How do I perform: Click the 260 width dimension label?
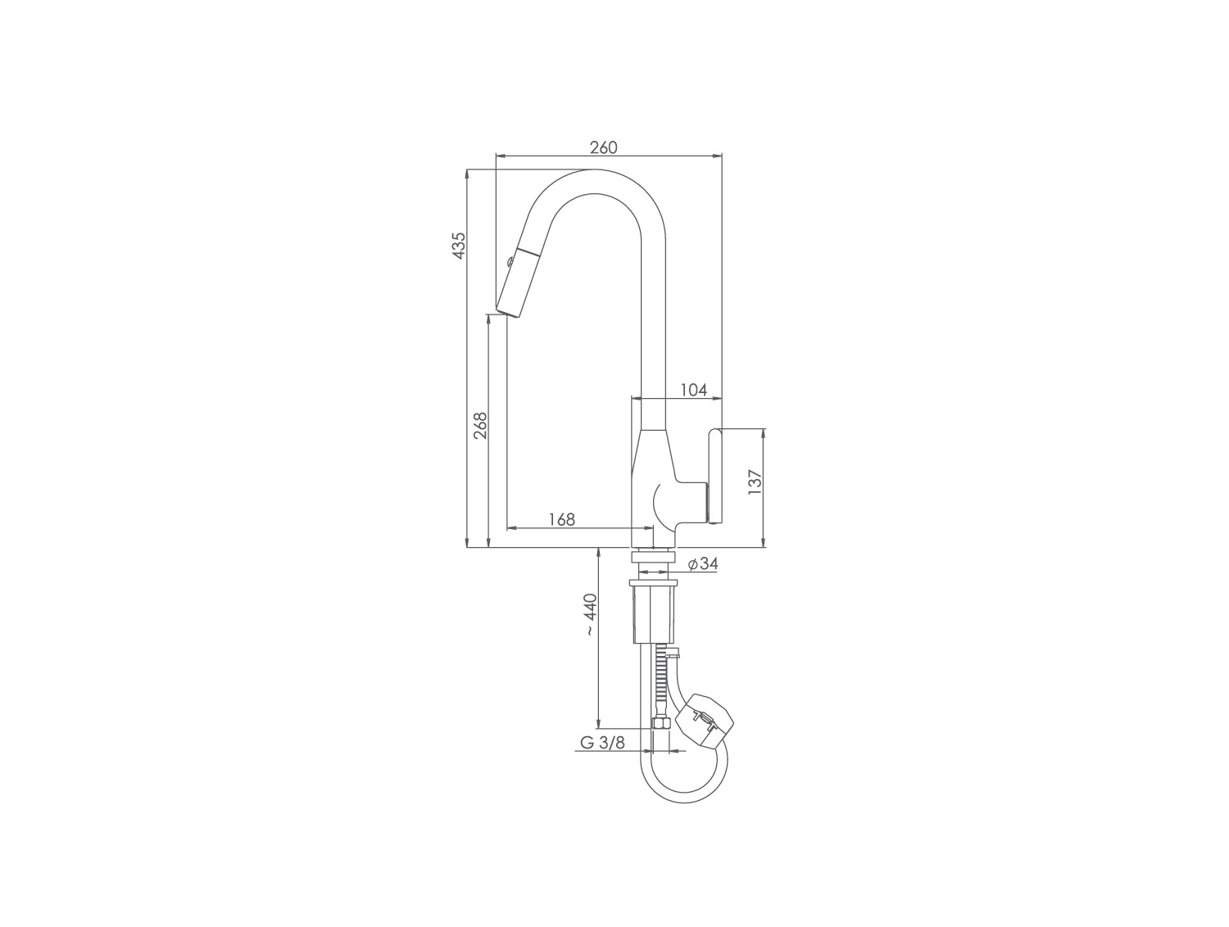[604, 147]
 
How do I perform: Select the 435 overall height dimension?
[459, 245]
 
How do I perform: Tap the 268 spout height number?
[480, 425]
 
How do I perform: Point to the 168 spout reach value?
[562, 519]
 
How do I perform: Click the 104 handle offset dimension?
[694, 389]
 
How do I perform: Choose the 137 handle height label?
[755, 482]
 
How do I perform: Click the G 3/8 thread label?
[602, 743]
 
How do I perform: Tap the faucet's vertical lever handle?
[715, 476]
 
